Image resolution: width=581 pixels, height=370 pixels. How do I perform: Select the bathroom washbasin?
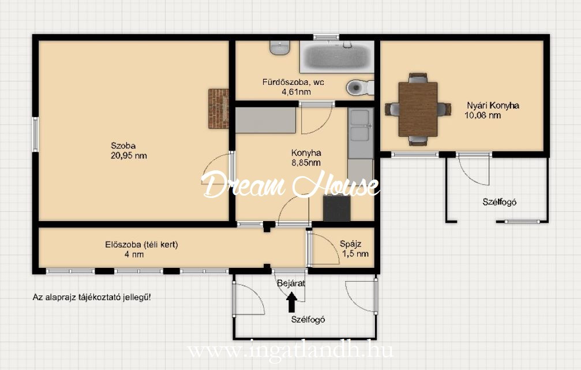coord(280,47)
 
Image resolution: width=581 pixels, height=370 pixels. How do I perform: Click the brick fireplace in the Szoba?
coord(218,109)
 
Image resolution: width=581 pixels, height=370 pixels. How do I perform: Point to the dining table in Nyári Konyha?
coord(418,109)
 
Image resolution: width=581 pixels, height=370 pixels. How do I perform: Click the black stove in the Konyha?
coord(337,208)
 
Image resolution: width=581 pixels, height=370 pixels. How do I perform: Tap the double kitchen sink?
coord(361,125)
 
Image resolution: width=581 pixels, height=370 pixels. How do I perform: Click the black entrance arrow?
coord(291,302)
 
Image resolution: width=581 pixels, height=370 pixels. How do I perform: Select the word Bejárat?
coord(291,283)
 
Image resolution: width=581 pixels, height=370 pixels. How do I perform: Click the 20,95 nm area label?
coord(129,156)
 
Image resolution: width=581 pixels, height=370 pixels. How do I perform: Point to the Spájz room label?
coord(351,244)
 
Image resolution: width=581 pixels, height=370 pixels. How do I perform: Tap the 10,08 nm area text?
coord(483,115)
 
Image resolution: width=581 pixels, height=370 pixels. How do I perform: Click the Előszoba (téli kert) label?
coord(141,245)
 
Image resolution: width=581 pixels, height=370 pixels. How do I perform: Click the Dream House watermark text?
coord(291,184)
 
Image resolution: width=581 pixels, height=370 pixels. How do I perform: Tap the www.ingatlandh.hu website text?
coord(290,350)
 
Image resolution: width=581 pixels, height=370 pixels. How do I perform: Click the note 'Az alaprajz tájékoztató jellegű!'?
coord(92,297)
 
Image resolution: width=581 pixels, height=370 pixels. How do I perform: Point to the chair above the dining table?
coord(418,78)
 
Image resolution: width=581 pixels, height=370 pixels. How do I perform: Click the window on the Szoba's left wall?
coord(36,134)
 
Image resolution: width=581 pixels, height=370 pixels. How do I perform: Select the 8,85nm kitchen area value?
coord(306,162)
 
